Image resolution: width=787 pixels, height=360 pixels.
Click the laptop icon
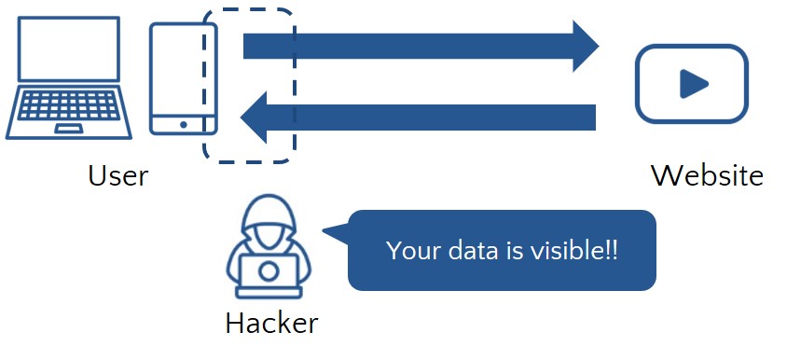[64, 79]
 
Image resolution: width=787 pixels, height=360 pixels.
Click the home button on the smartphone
[183, 125]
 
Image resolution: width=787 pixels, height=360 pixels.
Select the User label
[118, 175]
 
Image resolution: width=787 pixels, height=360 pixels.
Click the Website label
[707, 175]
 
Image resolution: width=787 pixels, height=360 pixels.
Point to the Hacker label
[271, 324]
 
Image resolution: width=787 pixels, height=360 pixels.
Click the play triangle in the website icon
[692, 85]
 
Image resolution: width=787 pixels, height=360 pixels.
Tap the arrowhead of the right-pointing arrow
[585, 45]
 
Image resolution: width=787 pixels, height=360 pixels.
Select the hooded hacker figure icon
[268, 250]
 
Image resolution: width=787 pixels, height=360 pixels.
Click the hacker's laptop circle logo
[268, 271]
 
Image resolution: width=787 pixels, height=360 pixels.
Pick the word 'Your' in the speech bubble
[407, 251]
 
